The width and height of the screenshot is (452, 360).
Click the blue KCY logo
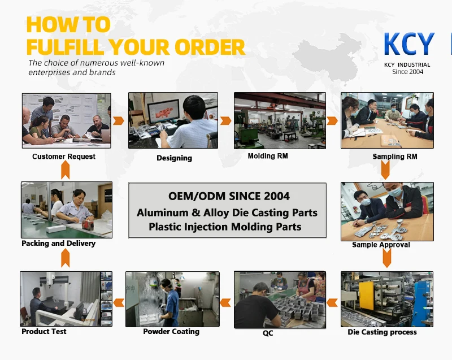click(409, 44)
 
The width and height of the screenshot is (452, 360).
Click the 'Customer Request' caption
click(64, 157)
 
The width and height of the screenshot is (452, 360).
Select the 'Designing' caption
click(175, 158)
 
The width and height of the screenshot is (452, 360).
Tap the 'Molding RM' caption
click(268, 156)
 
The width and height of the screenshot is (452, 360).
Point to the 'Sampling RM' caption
click(395, 157)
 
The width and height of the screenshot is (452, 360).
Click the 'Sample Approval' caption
click(381, 245)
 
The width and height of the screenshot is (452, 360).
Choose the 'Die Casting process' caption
click(383, 332)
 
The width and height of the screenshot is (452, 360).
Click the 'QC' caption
click(268, 333)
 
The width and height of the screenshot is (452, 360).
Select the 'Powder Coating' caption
click(171, 332)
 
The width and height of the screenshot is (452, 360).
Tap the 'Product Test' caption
click(44, 332)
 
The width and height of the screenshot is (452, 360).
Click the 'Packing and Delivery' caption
click(59, 243)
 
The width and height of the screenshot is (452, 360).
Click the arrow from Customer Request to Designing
click(119, 121)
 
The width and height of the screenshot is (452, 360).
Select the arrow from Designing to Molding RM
click(225, 121)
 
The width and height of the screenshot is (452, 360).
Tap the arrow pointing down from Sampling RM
click(385, 170)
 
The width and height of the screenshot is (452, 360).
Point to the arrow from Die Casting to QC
click(332, 303)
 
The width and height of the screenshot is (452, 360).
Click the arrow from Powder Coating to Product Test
click(119, 303)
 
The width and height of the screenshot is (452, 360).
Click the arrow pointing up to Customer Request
click(66, 170)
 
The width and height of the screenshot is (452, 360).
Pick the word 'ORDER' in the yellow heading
click(210, 47)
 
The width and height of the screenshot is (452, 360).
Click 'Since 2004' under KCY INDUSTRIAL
click(407, 72)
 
